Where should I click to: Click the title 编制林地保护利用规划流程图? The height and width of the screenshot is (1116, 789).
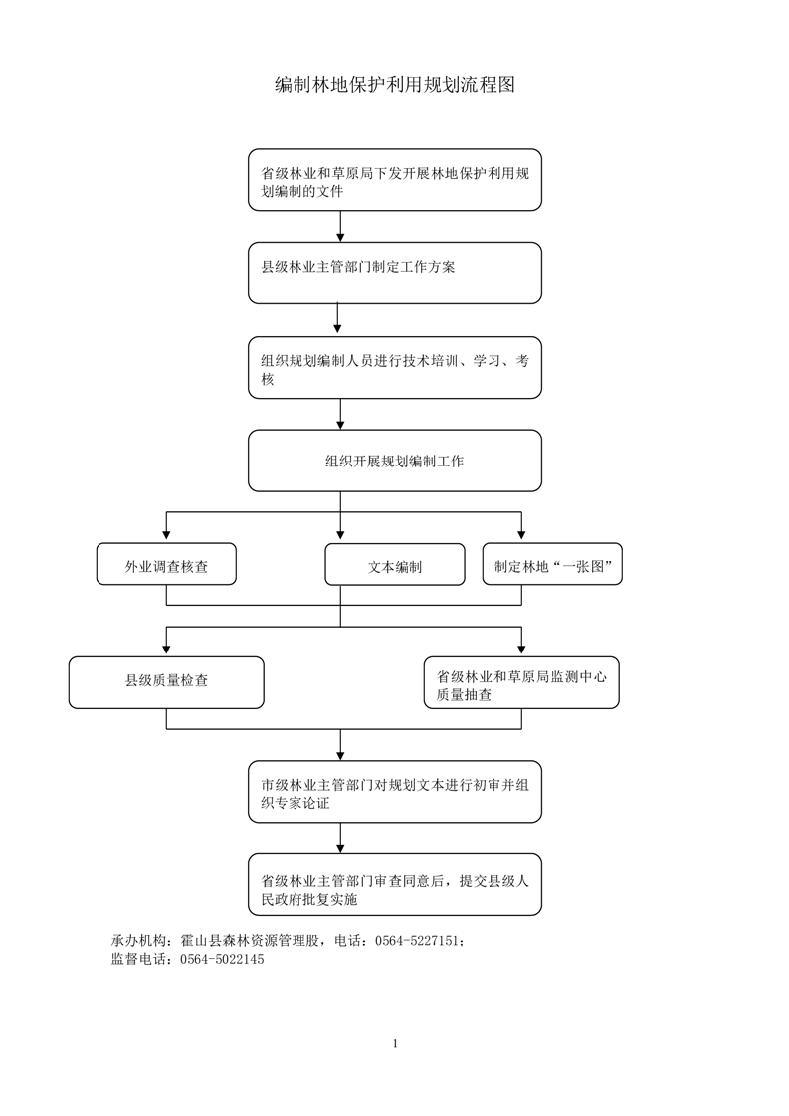(394, 84)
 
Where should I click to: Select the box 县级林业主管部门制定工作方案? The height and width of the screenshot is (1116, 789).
(394, 273)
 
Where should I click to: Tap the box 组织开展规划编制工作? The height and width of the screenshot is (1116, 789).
(394, 461)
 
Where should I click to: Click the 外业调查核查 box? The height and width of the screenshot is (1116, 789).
(166, 564)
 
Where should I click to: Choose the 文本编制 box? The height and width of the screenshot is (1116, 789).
(394, 564)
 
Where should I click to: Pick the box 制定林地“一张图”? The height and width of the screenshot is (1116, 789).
(552, 564)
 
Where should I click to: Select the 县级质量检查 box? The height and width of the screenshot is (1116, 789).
(166, 682)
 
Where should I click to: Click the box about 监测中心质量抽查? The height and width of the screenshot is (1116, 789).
(521, 682)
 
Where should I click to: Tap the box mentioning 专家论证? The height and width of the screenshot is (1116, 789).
(394, 792)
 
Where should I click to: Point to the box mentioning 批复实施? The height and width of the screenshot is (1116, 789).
(394, 884)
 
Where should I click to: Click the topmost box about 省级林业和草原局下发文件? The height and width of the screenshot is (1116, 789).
(394, 180)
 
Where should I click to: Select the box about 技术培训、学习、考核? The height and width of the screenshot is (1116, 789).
(394, 367)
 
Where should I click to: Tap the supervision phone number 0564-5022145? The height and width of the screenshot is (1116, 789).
(222, 960)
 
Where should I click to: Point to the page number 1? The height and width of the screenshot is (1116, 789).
(395, 1044)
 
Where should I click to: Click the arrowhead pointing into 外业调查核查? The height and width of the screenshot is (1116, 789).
(166, 535)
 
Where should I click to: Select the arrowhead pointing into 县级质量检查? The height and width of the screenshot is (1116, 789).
(166, 650)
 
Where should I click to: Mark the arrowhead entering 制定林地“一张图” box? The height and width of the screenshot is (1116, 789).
(521, 535)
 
